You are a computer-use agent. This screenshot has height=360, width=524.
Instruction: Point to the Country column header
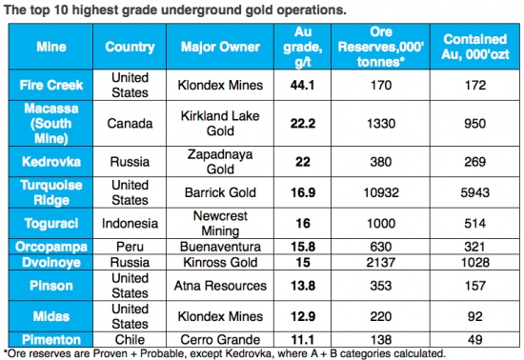130,47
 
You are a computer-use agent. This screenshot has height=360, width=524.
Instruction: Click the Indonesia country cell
130,224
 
